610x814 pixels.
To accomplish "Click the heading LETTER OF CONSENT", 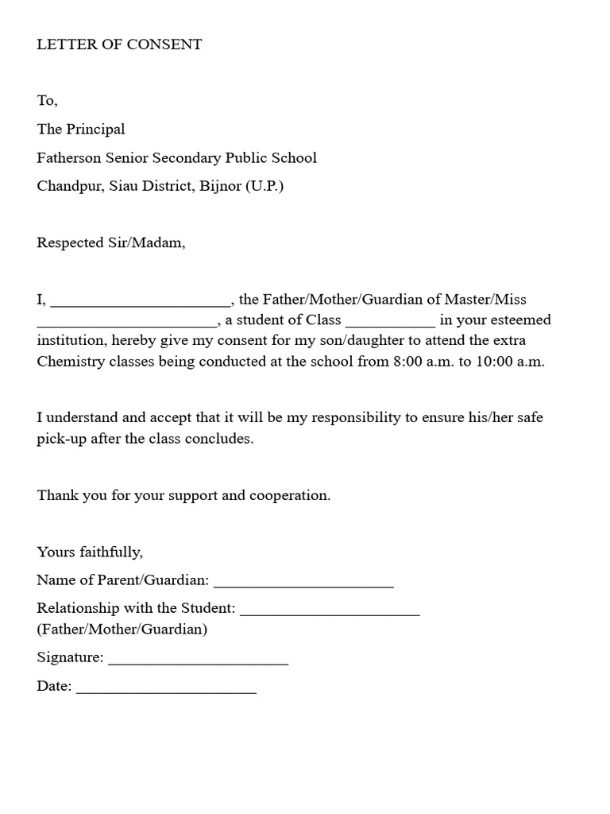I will pyautogui.click(x=119, y=45).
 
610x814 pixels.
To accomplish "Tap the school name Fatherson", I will pyautogui.click(x=68, y=157).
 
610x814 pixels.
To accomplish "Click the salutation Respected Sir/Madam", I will pyautogui.click(x=110, y=242).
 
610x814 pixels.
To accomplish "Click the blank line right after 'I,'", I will pyautogui.click(x=140, y=303).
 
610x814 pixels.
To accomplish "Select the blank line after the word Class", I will pyautogui.click(x=390, y=324).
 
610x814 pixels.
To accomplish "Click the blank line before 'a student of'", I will pyautogui.click(x=126, y=324).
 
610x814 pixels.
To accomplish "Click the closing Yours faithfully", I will pyautogui.click(x=90, y=552).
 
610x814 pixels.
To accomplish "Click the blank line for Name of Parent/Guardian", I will pyautogui.click(x=303, y=584).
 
